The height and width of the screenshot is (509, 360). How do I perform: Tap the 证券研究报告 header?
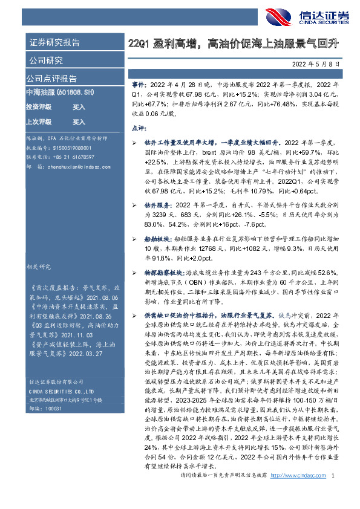point(54,43)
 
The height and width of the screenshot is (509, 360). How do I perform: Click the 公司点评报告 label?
point(51,78)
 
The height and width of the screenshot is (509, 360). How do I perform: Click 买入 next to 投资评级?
point(79,106)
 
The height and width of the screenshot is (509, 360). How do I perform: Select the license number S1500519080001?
point(71,148)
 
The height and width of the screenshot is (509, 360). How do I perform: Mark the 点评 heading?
point(138,128)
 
